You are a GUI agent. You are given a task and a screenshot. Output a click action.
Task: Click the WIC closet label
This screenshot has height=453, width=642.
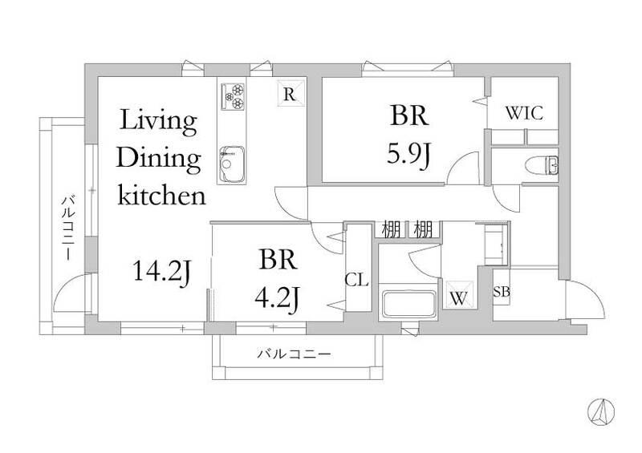525,113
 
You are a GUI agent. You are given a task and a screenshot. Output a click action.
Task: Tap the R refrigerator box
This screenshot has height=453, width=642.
292,92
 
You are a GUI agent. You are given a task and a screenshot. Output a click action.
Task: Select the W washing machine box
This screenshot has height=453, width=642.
458,295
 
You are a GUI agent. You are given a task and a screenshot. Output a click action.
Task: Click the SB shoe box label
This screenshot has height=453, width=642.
502,292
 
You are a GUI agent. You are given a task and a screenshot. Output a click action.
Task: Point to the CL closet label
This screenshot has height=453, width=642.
356,281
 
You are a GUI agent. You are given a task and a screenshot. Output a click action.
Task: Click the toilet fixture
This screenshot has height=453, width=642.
541,165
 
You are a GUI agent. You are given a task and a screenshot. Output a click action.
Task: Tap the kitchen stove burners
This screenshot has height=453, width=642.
233,96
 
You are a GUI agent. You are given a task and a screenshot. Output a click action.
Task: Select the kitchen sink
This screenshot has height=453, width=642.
232,164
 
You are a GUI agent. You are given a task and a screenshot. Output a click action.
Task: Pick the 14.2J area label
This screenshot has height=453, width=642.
162,272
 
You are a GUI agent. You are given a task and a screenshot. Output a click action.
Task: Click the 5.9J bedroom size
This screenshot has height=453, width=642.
408,154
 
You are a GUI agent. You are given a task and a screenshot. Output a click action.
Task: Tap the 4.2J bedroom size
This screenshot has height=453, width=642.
278,298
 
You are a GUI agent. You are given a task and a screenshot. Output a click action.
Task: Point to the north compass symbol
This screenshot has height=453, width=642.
601,411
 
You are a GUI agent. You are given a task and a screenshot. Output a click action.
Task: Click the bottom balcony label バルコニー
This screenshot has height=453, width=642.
294,353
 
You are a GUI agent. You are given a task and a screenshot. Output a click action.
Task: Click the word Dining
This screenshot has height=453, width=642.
159,159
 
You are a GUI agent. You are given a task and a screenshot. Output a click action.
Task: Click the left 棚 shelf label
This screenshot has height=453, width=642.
391,229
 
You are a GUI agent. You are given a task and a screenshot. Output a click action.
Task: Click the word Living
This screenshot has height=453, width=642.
158,121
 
